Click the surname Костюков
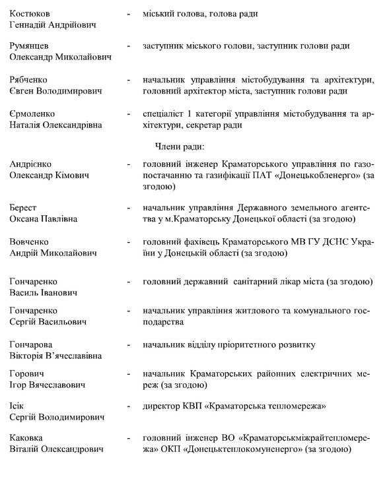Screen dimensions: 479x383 tap(31, 13)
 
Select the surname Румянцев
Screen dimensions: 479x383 tap(32, 46)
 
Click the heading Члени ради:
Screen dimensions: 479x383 tap(179, 146)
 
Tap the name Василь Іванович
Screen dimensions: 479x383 tap(44, 293)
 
